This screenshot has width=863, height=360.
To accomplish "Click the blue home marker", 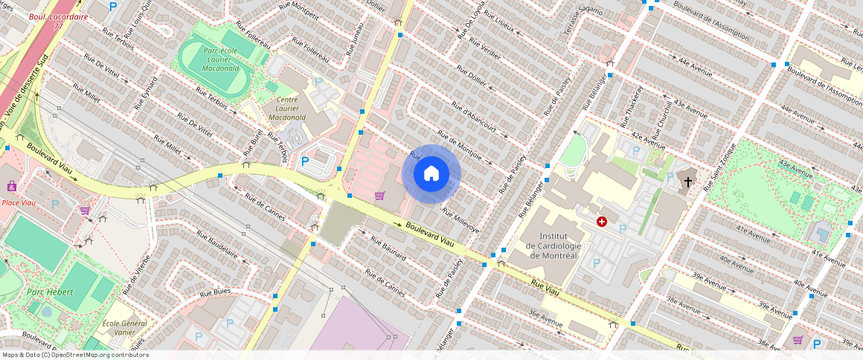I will (431, 174).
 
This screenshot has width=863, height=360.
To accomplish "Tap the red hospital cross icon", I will (601, 222).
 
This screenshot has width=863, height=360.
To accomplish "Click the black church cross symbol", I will (688, 181).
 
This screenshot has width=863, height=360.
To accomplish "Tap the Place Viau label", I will (21, 202).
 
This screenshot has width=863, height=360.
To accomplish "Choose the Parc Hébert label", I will (50, 292).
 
